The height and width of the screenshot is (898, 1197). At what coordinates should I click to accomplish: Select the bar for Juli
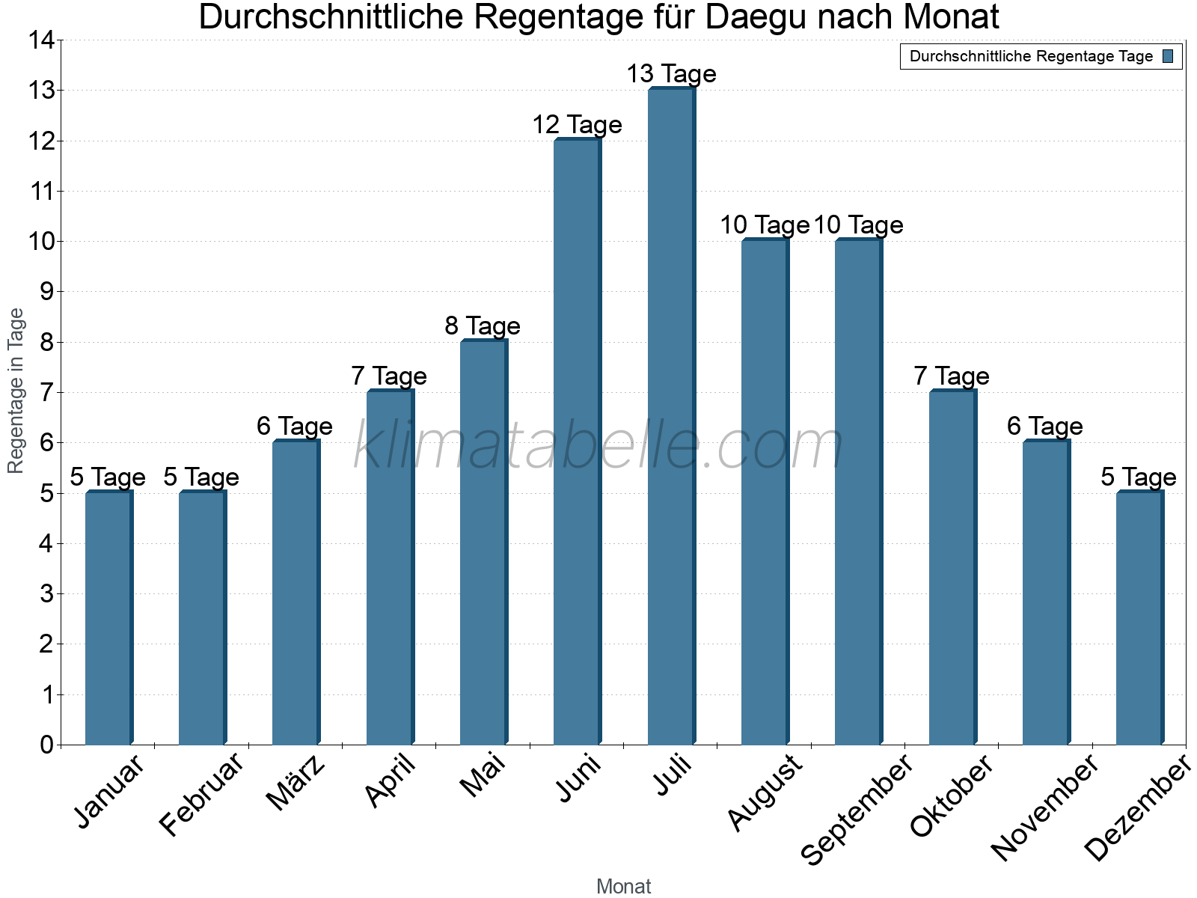pos(671,416)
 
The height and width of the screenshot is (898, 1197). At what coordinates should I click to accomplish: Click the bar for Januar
pos(108,617)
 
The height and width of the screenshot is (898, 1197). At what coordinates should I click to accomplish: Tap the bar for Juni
pos(577,442)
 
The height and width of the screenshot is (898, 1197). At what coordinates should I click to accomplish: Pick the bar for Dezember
pos(1139,617)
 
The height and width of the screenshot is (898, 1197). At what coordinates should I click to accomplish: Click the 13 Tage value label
pos(671,74)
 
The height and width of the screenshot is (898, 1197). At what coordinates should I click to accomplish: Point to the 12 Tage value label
pos(577,124)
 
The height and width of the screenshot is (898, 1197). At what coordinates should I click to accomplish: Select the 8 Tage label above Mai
pos(483,326)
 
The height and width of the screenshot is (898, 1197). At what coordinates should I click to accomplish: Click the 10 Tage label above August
pos(764,224)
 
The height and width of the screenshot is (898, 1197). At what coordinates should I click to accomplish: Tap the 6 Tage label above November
pos(1044,426)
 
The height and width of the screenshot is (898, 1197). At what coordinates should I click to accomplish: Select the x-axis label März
pos(297,784)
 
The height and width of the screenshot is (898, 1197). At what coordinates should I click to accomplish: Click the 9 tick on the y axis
pos(46,292)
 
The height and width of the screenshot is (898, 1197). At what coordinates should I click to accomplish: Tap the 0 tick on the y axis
pos(46,745)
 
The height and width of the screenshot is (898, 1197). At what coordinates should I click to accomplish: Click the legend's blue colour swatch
pos(1168,56)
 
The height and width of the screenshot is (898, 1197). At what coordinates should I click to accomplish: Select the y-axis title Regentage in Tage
pos(16,391)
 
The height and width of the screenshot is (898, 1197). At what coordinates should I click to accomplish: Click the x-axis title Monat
pos(623,886)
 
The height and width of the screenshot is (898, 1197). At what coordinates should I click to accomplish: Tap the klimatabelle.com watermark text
pos(598,446)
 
